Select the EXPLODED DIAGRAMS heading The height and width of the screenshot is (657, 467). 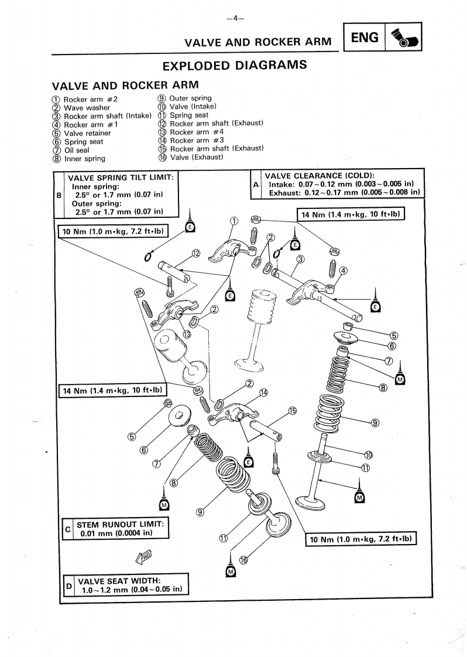[x=234, y=65]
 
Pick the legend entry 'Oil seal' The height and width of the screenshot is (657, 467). [x=76, y=150]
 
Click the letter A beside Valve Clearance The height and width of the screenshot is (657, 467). [x=256, y=183]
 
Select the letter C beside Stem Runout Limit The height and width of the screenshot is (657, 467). [x=68, y=529]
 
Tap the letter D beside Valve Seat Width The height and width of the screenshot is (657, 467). [x=68, y=585]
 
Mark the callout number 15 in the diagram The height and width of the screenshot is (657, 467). [x=293, y=411]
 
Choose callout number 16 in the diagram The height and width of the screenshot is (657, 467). [x=243, y=560]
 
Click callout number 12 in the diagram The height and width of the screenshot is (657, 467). [x=195, y=253]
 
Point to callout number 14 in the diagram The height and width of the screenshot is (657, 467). [x=263, y=392]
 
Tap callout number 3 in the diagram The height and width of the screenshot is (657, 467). [x=300, y=259]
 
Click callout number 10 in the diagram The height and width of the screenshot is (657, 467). [x=368, y=455]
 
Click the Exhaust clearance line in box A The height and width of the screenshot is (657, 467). [x=345, y=191]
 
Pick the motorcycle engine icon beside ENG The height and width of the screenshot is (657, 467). [x=404, y=39]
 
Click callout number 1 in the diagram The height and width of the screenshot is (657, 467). [x=234, y=221]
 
